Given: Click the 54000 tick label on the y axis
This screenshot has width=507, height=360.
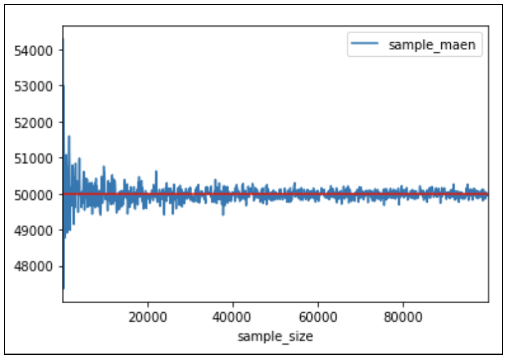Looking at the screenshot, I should (x=38, y=50).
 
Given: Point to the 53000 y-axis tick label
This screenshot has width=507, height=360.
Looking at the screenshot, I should (x=38, y=86).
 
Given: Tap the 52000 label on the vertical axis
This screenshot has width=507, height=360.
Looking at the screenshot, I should (x=38, y=122).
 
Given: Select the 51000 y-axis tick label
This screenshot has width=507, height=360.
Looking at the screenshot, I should (x=38, y=158).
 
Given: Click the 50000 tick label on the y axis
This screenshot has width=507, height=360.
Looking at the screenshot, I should (x=38, y=194).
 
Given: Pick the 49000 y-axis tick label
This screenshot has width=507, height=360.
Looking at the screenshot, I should (x=38, y=230).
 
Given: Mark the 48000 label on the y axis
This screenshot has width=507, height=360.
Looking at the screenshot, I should (x=38, y=266).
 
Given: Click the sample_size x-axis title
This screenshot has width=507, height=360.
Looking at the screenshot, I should (x=275, y=336).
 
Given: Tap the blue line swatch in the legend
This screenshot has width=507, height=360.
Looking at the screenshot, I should (x=365, y=45).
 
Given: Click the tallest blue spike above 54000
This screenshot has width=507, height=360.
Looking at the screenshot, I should (x=63, y=40).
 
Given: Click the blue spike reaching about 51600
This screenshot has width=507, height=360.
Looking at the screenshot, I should (x=69, y=137).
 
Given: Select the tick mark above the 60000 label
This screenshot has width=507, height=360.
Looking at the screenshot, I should (x=317, y=303).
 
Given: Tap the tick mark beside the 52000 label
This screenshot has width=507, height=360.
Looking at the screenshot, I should (x=61, y=122).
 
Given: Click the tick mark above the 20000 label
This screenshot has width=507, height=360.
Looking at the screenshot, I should (x=148, y=303).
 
